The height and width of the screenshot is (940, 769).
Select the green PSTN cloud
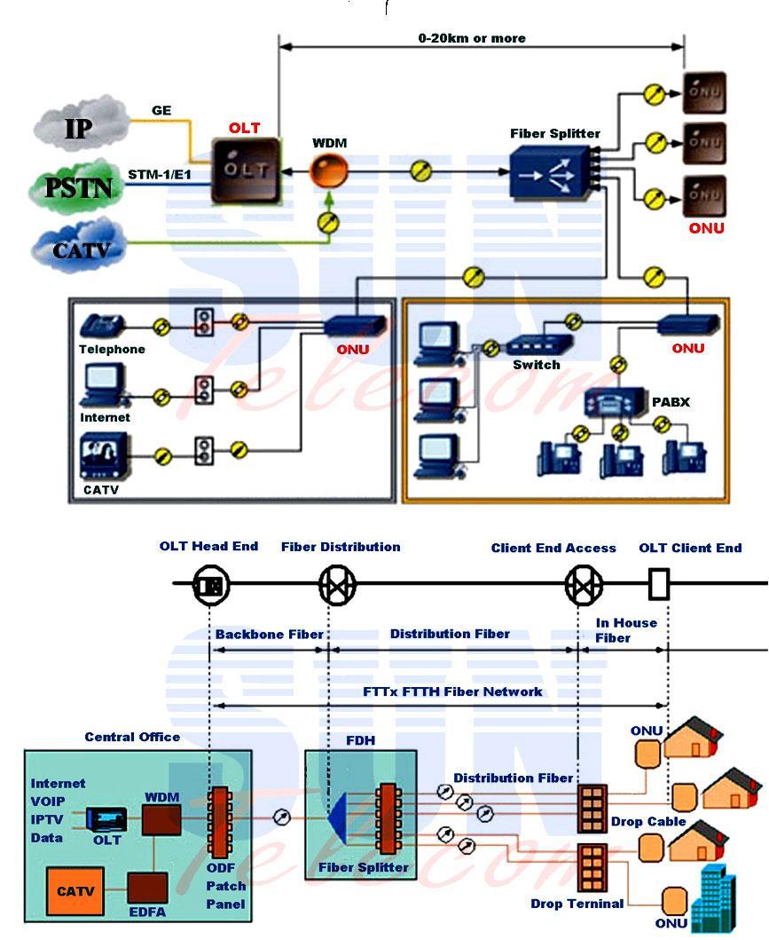pyautogui.click(x=79, y=187)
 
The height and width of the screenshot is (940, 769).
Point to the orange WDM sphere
pyautogui.click(x=328, y=170)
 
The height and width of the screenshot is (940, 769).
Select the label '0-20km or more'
pyautogui.click(x=472, y=38)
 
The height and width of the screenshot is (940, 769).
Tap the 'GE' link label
pyautogui.click(x=161, y=111)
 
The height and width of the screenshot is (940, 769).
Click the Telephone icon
pyautogui.click(x=102, y=326)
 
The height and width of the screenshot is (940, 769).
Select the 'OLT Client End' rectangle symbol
pyautogui.click(x=658, y=585)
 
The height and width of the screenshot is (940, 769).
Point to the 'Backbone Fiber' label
pyautogui.click(x=269, y=635)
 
